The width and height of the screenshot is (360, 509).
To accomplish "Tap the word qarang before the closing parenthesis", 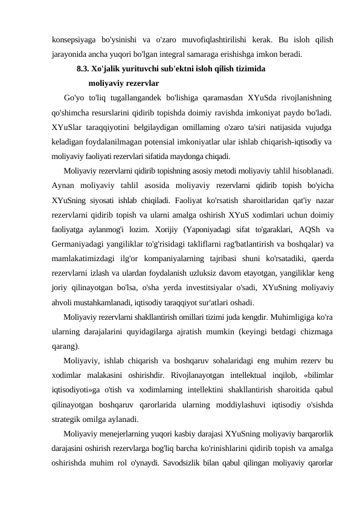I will click(64, 346).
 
